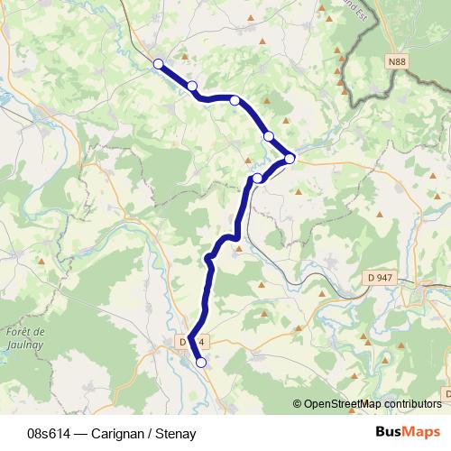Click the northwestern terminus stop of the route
click(159, 64)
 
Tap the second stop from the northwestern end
click(192, 86)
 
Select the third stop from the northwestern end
click(235, 100)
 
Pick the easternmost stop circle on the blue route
click(290, 159)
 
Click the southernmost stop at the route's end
click(200, 363)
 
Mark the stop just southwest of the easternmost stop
click(258, 178)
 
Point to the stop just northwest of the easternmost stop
click(268, 136)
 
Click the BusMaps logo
click(408, 432)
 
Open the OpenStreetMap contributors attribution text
click(373, 404)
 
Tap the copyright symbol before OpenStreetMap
click(298, 404)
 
